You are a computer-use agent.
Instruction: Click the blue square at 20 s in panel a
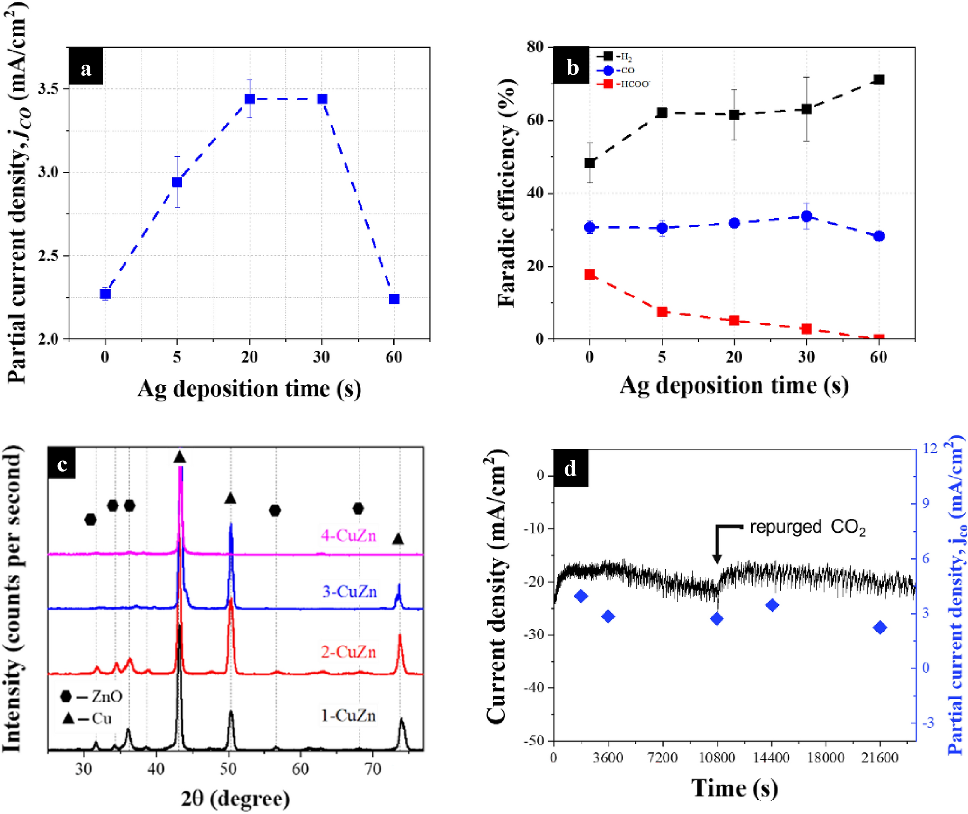click(x=249, y=98)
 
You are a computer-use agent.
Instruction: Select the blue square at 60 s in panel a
click(x=394, y=299)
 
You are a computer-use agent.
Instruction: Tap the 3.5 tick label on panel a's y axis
click(x=48, y=89)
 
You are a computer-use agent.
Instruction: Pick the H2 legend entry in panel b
click(x=615, y=56)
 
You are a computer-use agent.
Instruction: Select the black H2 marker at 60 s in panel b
click(x=879, y=80)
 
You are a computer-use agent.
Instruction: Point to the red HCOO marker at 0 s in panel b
click(x=589, y=274)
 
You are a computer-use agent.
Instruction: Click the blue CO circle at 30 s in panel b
click(x=806, y=216)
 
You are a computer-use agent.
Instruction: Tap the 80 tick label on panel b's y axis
click(x=535, y=47)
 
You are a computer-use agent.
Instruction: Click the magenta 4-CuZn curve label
click(x=348, y=535)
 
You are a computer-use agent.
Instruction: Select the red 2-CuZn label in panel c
click(x=348, y=652)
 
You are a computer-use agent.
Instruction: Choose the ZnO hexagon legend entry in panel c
click(x=92, y=696)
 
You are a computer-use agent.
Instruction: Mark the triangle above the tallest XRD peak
click(x=180, y=457)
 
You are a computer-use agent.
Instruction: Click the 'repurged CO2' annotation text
click(x=807, y=527)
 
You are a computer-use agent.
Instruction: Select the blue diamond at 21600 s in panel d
click(x=880, y=628)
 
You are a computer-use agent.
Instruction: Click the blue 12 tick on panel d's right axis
click(x=929, y=449)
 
